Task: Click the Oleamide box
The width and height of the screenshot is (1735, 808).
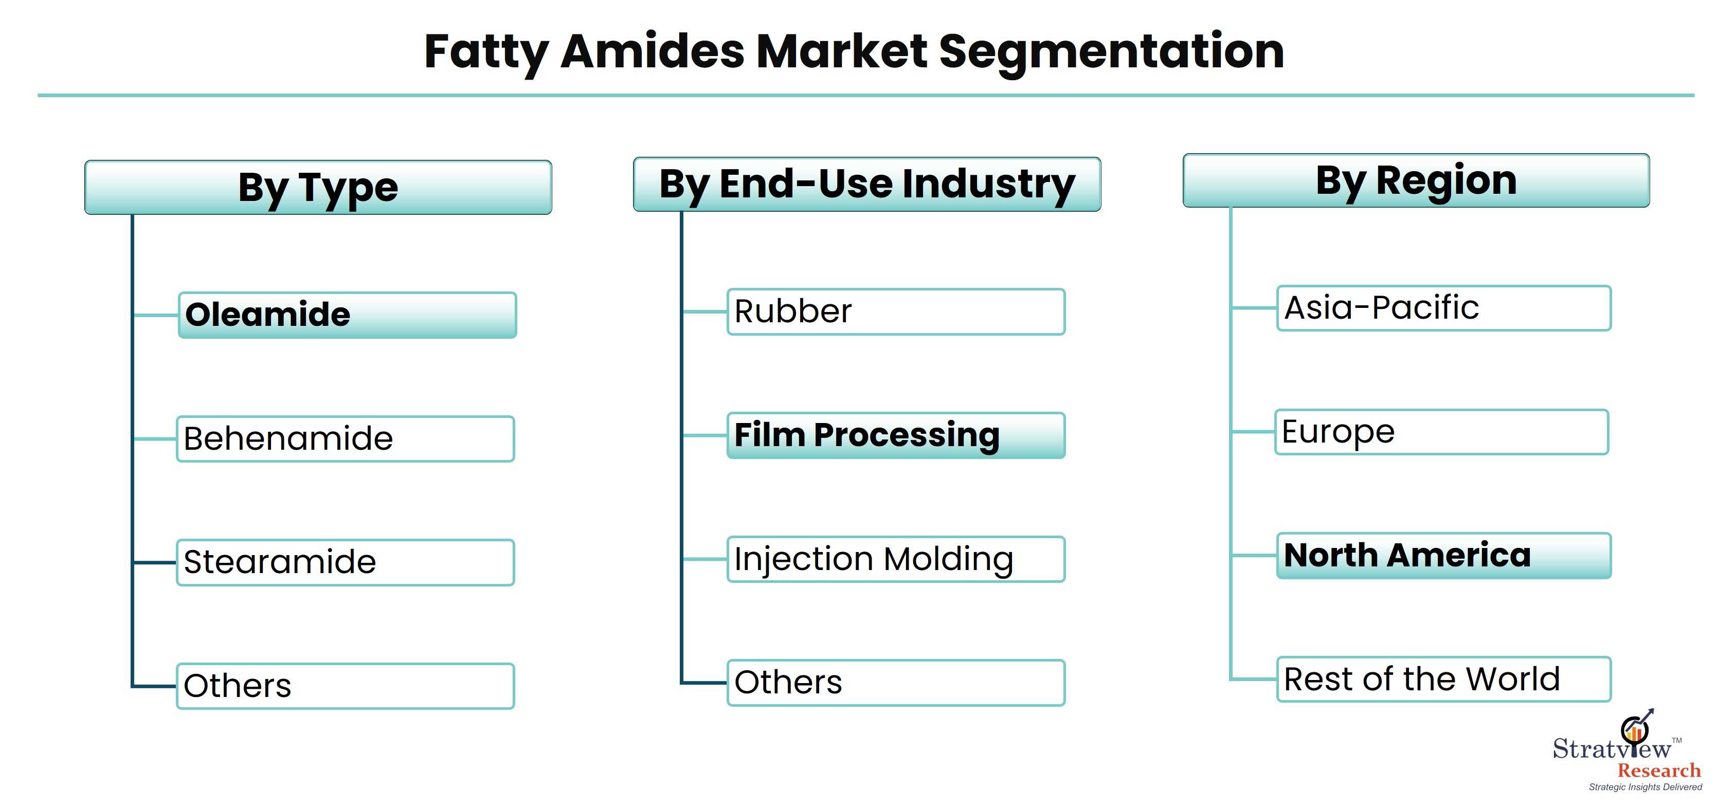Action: pyautogui.click(x=348, y=315)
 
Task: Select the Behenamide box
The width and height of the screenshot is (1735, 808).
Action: pyautogui.click(x=346, y=439)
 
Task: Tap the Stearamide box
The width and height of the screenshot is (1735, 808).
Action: pyautogui.click(x=346, y=562)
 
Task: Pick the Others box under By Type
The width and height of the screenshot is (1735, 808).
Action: pyautogui.click(x=346, y=686)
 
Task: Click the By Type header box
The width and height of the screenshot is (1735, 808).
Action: pyautogui.click(x=318, y=187)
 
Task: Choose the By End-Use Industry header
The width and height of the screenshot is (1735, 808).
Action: pyautogui.click(x=867, y=185)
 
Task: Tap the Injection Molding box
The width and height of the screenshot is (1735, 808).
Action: pyautogui.click(x=896, y=559)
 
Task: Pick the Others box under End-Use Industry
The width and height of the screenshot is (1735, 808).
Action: pyautogui.click(x=896, y=683)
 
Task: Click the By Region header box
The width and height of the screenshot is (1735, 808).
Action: pyautogui.click(x=1416, y=180)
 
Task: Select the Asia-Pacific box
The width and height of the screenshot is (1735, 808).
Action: pyautogui.click(x=1444, y=308)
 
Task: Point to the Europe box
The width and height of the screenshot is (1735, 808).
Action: pyautogui.click(x=1442, y=432)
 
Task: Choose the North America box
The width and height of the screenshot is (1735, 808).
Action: pyautogui.click(x=1444, y=556)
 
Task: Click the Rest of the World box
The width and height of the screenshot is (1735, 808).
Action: pyautogui.click(x=1444, y=680)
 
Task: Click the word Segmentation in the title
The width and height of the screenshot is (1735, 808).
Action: pyautogui.click(x=1111, y=52)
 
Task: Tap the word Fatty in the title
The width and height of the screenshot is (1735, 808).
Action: pyautogui.click(x=487, y=52)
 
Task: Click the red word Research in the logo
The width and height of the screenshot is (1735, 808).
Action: pyautogui.click(x=1659, y=770)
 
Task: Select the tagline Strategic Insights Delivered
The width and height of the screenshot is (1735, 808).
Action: pyautogui.click(x=1646, y=787)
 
